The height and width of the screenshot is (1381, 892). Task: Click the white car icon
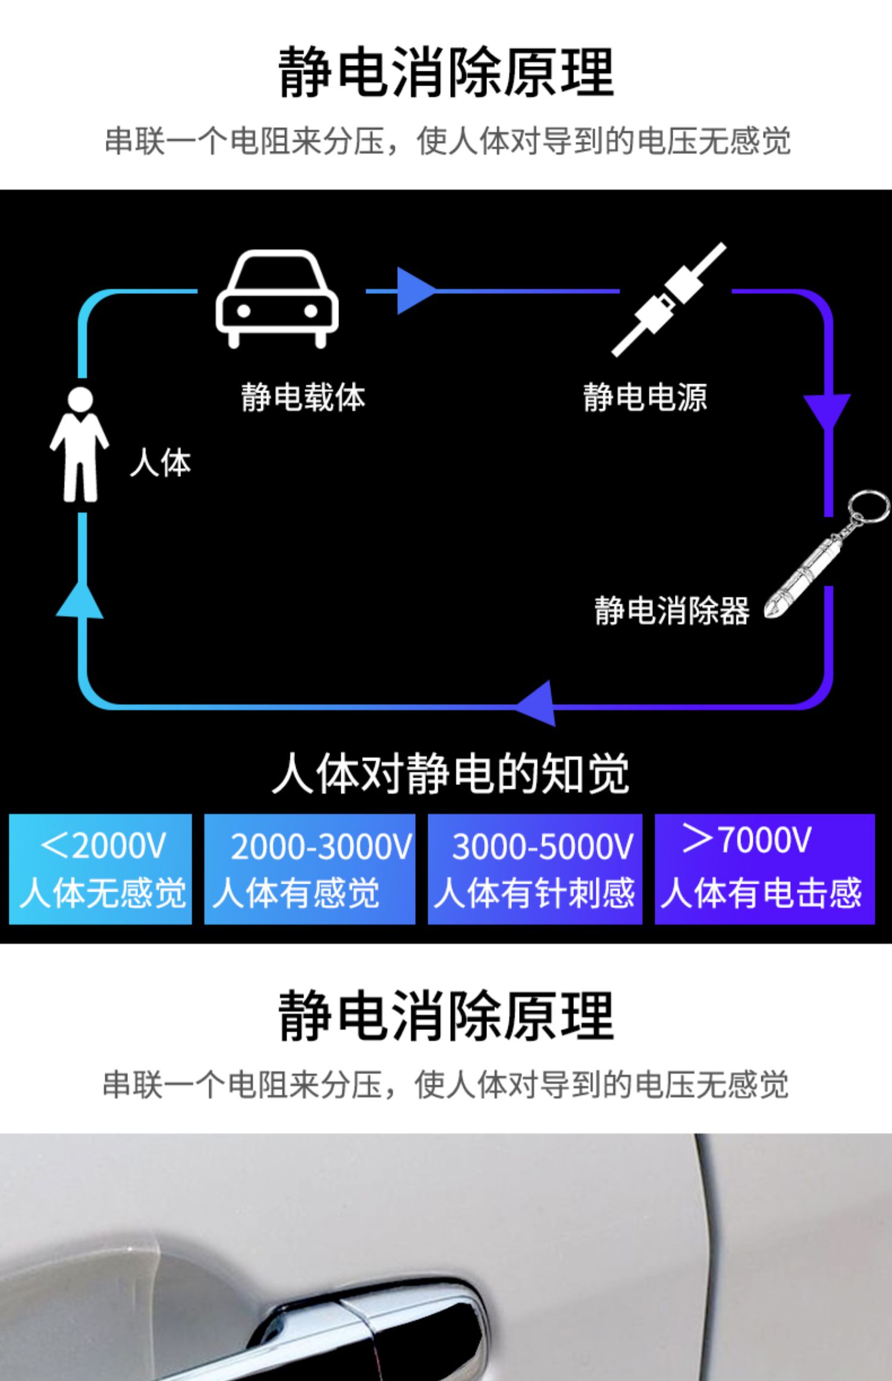pyautogui.click(x=277, y=299)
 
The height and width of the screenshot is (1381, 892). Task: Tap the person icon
pyautogui.click(x=79, y=445)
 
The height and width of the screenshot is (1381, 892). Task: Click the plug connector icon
pyautogui.click(x=669, y=299)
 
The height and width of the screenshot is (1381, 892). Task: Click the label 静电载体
pyautogui.click(x=303, y=397)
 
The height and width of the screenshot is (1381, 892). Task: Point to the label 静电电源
pyautogui.click(x=645, y=397)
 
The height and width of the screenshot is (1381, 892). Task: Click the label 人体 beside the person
pyautogui.click(x=161, y=463)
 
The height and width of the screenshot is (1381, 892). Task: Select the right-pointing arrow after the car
pyautogui.click(x=417, y=291)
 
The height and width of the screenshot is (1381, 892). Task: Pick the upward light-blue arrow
pyautogui.click(x=80, y=601)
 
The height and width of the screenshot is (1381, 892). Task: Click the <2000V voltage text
pyautogui.click(x=103, y=845)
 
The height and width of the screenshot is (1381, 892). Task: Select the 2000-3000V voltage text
pyautogui.click(x=321, y=846)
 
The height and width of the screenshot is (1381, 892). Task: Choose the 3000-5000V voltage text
pyautogui.click(x=543, y=846)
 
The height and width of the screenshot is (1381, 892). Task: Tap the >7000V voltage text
pyautogui.click(x=747, y=839)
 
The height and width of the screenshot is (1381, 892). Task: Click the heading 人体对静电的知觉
pyautogui.click(x=451, y=774)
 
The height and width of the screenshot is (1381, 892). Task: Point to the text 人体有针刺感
pyautogui.click(x=535, y=893)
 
